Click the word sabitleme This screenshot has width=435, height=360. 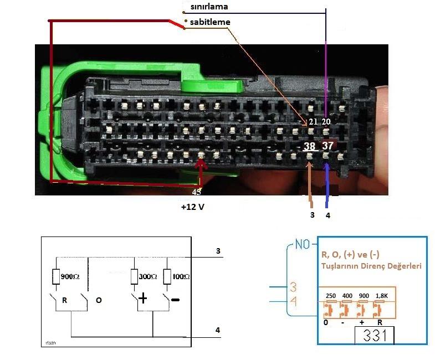210,22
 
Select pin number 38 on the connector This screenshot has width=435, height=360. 309,146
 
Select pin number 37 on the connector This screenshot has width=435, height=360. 327,146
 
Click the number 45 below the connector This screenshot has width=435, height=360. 196,192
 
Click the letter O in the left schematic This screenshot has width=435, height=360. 98,300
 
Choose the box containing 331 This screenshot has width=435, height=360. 374,335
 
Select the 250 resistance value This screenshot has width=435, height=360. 331,296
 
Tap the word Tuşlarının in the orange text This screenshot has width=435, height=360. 341,266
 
